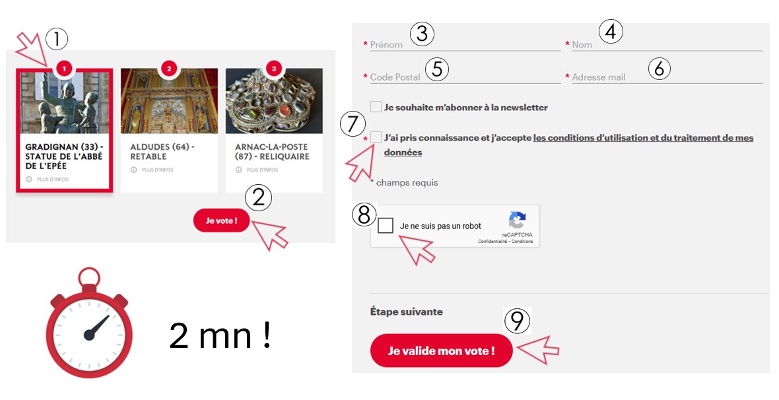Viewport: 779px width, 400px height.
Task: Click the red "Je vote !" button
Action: click(221, 220)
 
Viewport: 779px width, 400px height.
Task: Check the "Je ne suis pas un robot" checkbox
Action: click(385, 226)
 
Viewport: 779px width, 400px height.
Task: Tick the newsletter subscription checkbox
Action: click(376, 107)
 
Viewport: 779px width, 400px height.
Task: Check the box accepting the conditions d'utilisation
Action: click(376, 137)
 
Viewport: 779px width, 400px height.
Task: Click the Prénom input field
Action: click(465, 45)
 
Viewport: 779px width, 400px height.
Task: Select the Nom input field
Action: click(667, 45)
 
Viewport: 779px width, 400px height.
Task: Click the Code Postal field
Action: click(465, 77)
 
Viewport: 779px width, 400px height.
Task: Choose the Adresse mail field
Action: click(667, 77)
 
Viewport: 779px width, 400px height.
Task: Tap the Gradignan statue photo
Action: click(65, 102)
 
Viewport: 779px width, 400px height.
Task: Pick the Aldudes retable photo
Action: click(169, 101)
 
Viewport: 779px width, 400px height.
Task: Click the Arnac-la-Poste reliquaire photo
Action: click(274, 101)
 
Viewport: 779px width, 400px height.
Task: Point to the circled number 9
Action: click(517, 321)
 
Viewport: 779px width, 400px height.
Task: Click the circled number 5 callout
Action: click(437, 69)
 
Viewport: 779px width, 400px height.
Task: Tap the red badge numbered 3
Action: click(274, 69)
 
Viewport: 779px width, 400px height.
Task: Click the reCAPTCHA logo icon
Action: click(517, 220)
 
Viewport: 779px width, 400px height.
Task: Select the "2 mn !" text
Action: click(220, 335)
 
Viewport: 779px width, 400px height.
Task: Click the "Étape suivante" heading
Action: click(407, 312)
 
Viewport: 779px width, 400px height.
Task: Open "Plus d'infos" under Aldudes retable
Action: click(154, 170)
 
